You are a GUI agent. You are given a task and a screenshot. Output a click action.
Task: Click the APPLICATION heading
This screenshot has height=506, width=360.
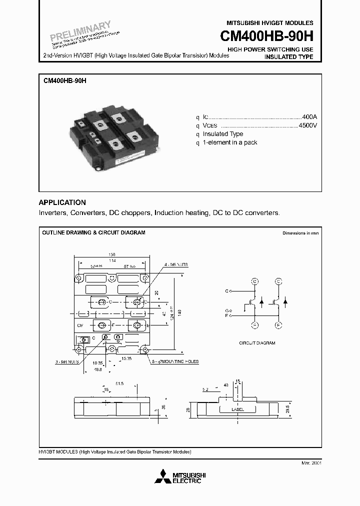pyautogui.click(x=62, y=202)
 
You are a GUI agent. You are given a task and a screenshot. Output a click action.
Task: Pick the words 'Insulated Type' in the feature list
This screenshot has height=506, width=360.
pyautogui.click(x=223, y=134)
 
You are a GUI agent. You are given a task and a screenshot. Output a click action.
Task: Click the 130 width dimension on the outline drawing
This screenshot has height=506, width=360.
pyautogui.click(x=111, y=254)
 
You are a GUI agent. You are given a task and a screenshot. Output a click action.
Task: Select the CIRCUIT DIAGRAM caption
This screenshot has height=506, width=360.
pyautogui.click(x=257, y=343)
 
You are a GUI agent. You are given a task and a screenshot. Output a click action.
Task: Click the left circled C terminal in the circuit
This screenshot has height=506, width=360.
pyautogui.click(x=254, y=281)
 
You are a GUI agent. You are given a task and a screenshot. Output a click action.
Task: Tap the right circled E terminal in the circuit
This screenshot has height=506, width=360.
pyautogui.click(x=279, y=325)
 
